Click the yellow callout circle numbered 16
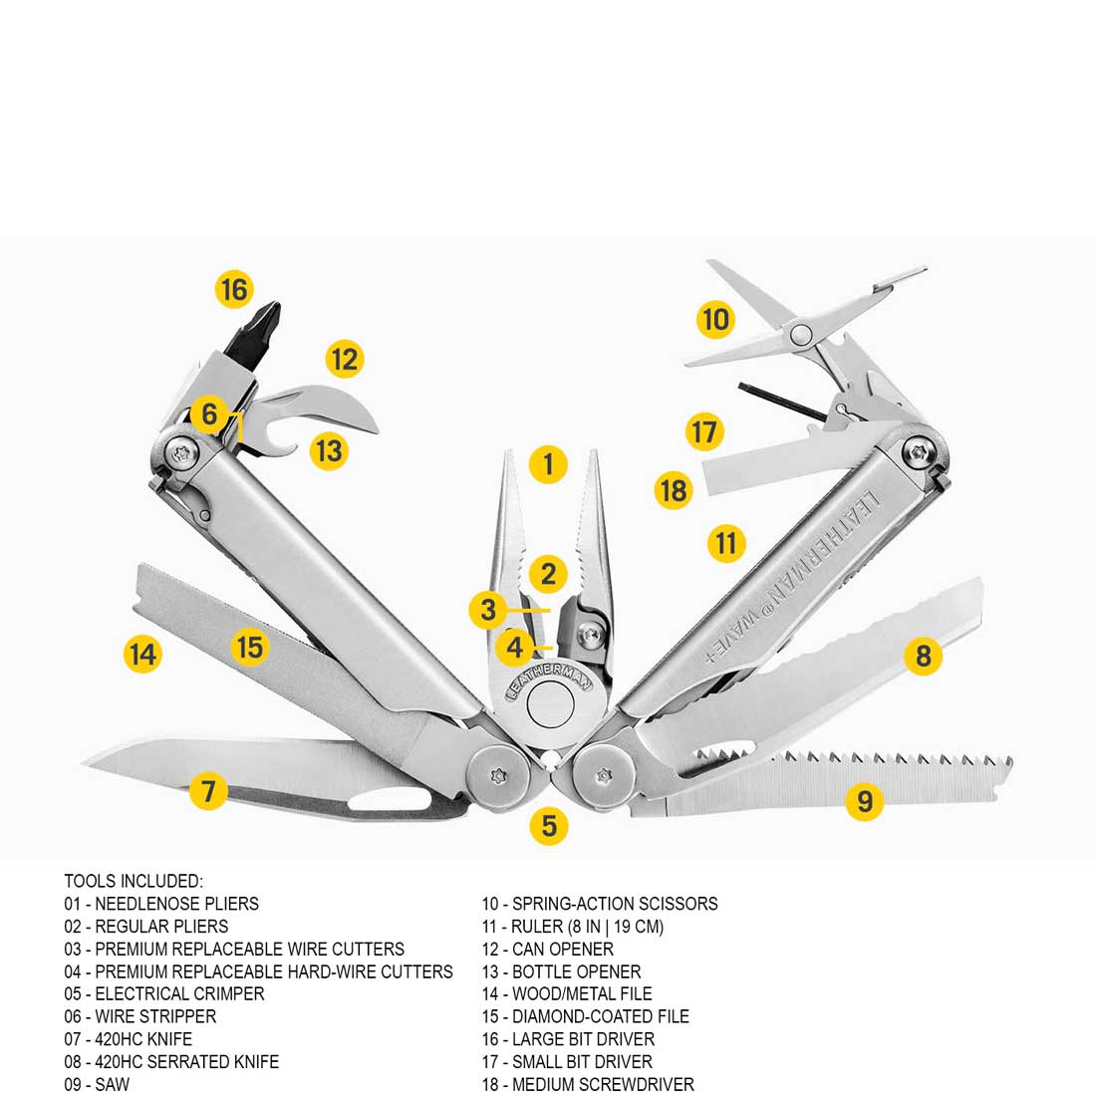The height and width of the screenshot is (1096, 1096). (x=234, y=290)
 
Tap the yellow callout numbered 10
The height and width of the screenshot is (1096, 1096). (x=715, y=320)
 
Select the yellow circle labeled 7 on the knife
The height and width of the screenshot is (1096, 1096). (x=207, y=792)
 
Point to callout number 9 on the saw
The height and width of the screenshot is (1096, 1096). (x=865, y=801)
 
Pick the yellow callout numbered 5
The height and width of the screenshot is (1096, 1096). (x=549, y=825)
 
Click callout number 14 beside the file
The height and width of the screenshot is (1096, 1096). (x=143, y=655)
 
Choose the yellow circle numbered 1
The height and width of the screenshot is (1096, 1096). (x=548, y=464)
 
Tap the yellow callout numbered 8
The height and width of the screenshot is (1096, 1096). (x=924, y=656)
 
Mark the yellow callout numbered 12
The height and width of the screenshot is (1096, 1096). (x=344, y=359)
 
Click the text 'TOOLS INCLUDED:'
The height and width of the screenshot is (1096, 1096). (x=134, y=881)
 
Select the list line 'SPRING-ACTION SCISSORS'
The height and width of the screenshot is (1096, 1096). (x=600, y=904)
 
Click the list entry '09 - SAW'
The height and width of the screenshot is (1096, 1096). (x=97, y=1084)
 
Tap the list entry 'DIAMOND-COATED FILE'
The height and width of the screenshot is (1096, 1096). (x=586, y=1016)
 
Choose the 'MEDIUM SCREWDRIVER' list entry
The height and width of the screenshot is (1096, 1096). (x=588, y=1084)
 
